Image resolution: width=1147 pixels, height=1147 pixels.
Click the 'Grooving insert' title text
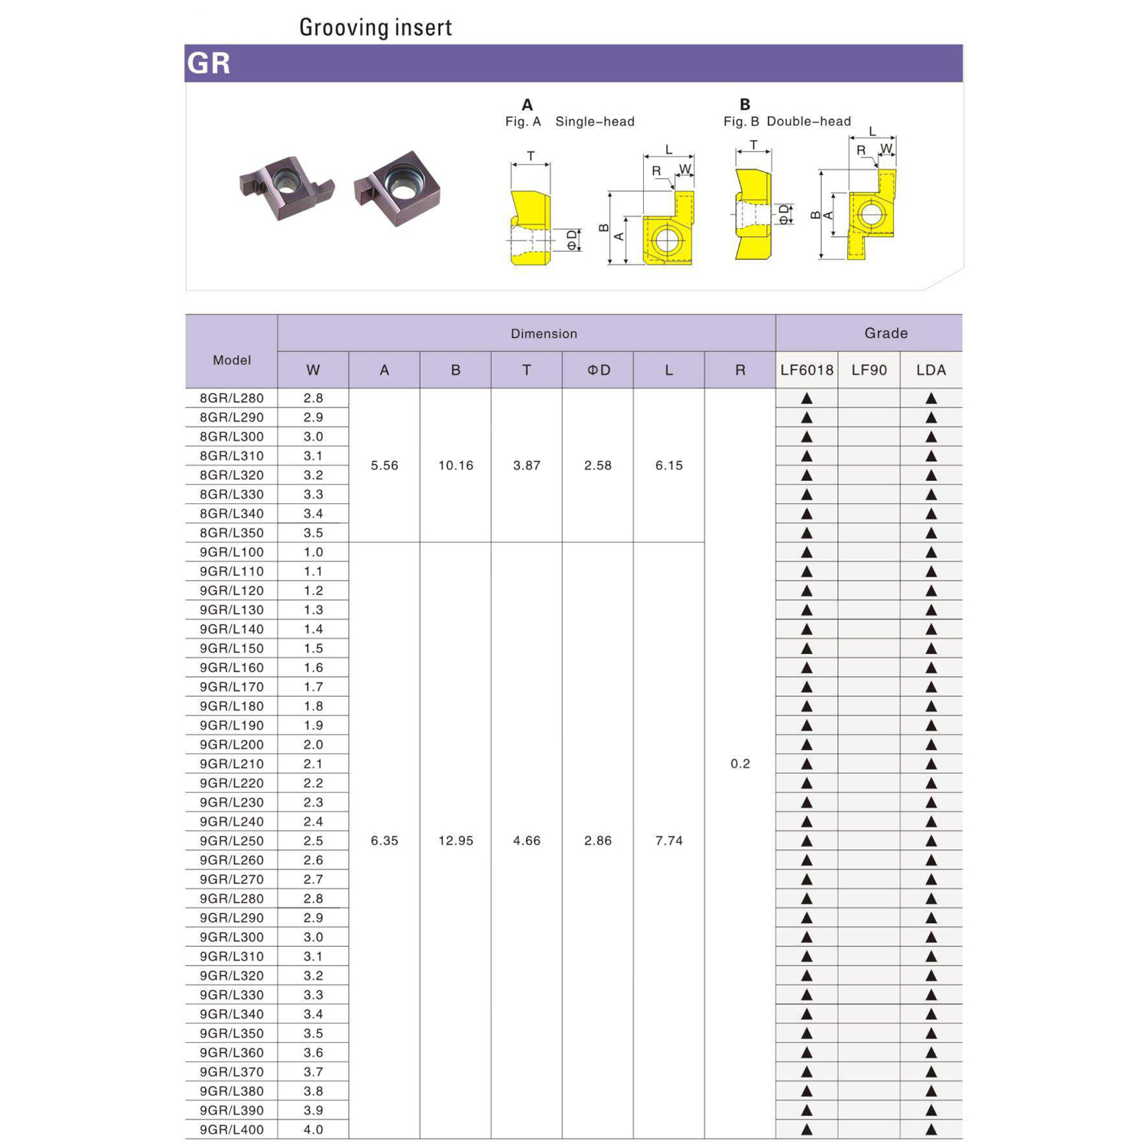pos(375,28)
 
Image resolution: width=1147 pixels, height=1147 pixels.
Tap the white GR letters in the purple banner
pos(209,63)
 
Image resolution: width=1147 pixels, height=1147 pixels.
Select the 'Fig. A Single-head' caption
pos(569,122)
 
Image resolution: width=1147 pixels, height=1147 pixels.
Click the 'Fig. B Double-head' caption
pos(787,122)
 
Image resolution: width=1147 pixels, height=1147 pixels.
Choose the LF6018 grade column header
pos(806,370)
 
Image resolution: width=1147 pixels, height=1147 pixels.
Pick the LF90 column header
pos(869,370)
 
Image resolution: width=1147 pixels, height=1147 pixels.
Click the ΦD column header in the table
pos(598,370)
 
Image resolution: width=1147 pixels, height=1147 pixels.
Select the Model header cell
pos(232,360)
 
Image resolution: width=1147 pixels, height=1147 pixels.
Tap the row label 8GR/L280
pos(232,398)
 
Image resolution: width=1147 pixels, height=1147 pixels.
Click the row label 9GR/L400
pos(232,1129)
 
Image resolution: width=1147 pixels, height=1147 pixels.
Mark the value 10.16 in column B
pos(455,466)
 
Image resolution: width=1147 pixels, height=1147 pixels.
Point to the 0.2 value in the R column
pos(739,764)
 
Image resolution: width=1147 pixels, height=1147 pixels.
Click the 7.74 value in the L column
pos(668,841)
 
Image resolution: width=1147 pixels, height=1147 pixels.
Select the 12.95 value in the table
pos(455,841)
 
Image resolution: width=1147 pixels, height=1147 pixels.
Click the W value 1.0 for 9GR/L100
pos(313,552)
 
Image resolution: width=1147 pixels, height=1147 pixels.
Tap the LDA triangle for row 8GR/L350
pos(931,533)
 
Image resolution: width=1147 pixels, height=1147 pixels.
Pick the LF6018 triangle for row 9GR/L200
pos(806,745)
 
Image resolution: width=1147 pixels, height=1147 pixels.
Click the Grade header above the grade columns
pos(885,333)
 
